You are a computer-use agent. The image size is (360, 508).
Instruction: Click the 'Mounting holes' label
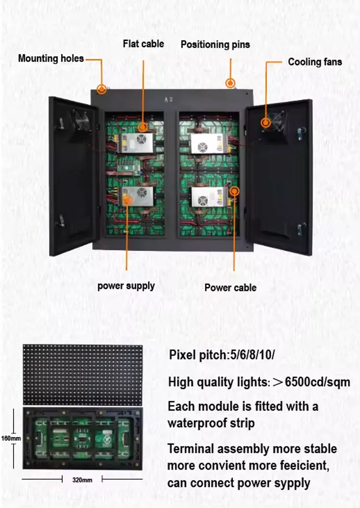click(51, 59)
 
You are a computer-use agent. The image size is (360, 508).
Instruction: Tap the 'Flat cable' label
click(143, 44)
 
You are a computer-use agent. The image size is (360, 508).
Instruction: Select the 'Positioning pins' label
click(215, 45)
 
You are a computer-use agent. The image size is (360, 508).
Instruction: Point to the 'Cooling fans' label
click(315, 62)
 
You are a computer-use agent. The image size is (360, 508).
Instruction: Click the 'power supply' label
click(126, 286)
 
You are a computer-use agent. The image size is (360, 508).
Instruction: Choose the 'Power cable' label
click(230, 288)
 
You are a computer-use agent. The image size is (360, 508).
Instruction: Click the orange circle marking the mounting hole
click(101, 89)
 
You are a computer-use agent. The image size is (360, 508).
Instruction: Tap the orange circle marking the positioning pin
click(231, 84)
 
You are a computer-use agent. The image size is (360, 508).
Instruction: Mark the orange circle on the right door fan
click(265, 122)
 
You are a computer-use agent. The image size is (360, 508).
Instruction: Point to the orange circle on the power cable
click(234, 191)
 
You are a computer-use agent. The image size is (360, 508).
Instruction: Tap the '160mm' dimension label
click(11, 438)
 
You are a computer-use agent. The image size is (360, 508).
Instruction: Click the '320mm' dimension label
click(82, 479)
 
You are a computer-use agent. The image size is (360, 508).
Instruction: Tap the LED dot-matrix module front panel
click(83, 374)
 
